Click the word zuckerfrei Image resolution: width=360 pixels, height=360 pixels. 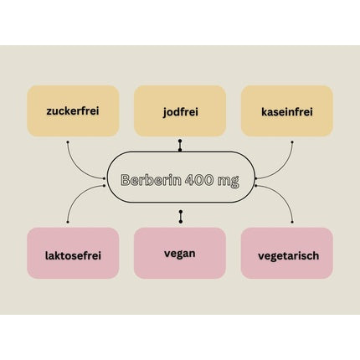click(73, 111)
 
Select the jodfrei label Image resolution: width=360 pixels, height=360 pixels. click(180, 112)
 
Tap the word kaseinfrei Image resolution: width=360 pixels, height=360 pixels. click(287, 112)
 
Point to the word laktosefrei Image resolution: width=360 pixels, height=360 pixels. click(73, 255)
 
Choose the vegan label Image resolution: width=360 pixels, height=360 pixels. click(180, 255)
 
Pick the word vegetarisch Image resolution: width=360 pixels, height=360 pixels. click(288, 256)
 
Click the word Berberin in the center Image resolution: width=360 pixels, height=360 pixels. click(151, 180)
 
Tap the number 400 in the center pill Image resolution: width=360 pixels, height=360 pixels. click(199, 180)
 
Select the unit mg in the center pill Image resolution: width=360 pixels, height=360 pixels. click(229, 181)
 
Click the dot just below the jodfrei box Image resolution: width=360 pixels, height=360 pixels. click(180, 141)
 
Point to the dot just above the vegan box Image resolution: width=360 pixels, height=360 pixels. click(181, 222)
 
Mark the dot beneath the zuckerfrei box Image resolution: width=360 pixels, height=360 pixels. click(68, 142)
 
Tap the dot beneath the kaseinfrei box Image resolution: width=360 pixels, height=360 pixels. click(292, 142)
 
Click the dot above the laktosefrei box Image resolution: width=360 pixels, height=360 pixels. click(68, 222)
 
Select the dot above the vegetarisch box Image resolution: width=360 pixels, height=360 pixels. click(292, 222)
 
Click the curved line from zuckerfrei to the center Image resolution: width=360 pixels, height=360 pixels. click(76, 167)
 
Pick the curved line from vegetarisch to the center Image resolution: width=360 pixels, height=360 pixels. click(283, 195)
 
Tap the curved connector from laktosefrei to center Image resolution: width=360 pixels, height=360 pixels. click(77, 196)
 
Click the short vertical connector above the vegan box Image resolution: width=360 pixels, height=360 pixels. click(181, 217)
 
